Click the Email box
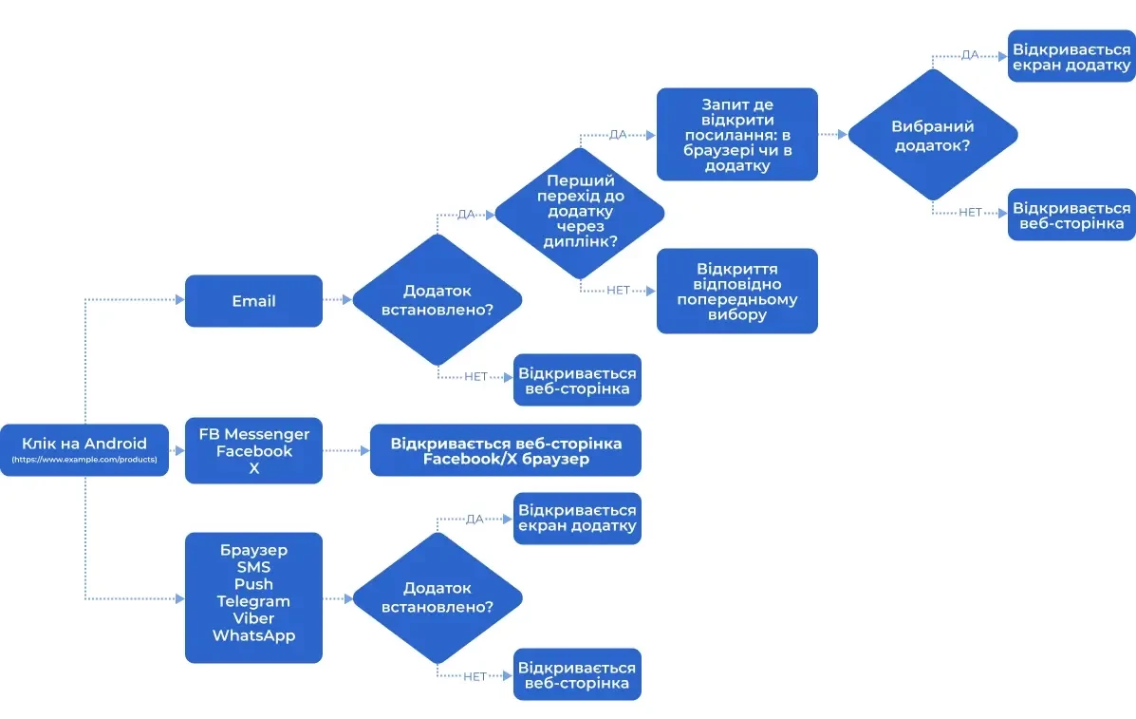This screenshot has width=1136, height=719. pos(253,301)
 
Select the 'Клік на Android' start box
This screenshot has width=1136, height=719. pos(85,444)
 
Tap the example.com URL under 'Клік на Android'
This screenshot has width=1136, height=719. pos(85,461)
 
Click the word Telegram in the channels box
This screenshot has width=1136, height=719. pos(253,601)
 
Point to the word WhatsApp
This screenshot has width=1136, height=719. pos(253,635)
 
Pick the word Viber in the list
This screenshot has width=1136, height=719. pos(253,618)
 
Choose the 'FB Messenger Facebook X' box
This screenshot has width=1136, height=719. pos(253,451)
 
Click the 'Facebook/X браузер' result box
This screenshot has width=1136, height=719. pos(506,451)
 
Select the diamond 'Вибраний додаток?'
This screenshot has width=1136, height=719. pos(932,135)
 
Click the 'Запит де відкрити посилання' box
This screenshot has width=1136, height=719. pos(736,135)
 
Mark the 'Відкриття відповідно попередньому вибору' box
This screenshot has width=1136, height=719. pos(736,291)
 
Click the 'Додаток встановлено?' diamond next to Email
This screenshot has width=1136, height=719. pos(437,300)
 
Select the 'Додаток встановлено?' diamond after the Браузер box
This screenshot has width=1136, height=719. pos(437,597)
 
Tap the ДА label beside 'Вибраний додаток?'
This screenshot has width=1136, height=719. pos(970,55)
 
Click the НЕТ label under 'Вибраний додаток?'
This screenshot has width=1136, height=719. pos(970,213)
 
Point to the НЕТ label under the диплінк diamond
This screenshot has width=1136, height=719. pos(618,291)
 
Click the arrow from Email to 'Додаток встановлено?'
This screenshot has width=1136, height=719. pos(338,300)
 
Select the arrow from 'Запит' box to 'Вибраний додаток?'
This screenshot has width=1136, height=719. pos(832,135)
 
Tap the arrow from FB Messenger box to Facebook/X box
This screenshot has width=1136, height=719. pos(346,451)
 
